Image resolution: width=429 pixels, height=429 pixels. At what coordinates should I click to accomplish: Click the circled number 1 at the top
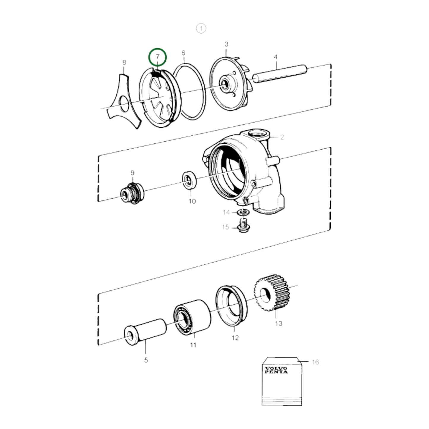(201, 29)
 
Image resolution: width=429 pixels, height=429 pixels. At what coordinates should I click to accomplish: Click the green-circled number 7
(158, 57)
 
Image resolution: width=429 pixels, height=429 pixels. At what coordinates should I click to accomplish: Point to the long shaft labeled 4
(279, 72)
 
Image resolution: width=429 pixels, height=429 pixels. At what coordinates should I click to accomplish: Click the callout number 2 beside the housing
(282, 137)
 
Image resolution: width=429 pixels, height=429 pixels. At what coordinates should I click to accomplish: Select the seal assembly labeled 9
(132, 192)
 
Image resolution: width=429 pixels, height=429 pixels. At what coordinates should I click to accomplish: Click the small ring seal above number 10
(189, 180)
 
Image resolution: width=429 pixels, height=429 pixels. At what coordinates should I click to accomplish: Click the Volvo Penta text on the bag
(276, 370)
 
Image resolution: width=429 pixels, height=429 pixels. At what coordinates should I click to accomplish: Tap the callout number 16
(315, 362)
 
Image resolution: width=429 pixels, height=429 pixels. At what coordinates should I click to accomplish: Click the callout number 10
(192, 201)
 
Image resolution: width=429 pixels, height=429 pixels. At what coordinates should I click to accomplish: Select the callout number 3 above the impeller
(226, 44)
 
